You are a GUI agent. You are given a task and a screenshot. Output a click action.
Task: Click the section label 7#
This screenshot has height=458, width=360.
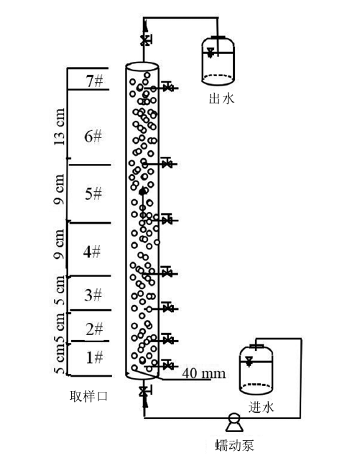(x=94, y=81)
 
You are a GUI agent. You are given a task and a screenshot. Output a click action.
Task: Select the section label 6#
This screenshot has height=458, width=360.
(x=93, y=137)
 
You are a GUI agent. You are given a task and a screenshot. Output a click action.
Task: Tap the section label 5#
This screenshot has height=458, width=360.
(x=93, y=193)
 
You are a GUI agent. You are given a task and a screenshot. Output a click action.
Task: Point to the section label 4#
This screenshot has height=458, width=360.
(x=92, y=252)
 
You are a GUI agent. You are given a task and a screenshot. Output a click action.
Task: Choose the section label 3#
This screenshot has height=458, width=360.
(x=93, y=295)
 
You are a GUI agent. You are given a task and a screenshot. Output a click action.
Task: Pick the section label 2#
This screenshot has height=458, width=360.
(x=94, y=329)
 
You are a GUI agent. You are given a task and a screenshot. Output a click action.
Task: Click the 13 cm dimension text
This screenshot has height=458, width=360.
(x=60, y=127)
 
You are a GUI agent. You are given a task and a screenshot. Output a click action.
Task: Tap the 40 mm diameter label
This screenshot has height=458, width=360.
(x=204, y=373)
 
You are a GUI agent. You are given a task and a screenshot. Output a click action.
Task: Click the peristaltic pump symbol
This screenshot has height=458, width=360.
(x=234, y=422)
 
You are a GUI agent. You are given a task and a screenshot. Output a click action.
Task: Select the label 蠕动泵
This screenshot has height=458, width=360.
(x=234, y=445)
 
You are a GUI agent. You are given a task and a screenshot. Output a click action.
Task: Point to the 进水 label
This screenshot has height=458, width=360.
(x=262, y=407)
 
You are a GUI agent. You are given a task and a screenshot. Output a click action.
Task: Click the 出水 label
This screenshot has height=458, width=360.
(x=221, y=99)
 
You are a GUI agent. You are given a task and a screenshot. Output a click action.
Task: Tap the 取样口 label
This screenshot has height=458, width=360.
(x=89, y=396)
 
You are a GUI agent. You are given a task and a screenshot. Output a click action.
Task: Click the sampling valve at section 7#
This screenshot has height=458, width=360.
(x=167, y=86)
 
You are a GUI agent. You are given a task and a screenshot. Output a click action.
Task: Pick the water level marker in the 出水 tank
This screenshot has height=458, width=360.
(x=210, y=53)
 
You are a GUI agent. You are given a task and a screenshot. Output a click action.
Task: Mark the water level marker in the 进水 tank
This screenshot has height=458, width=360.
(x=249, y=361)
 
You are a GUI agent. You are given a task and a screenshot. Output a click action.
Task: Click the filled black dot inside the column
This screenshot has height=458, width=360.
(x=142, y=191)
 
